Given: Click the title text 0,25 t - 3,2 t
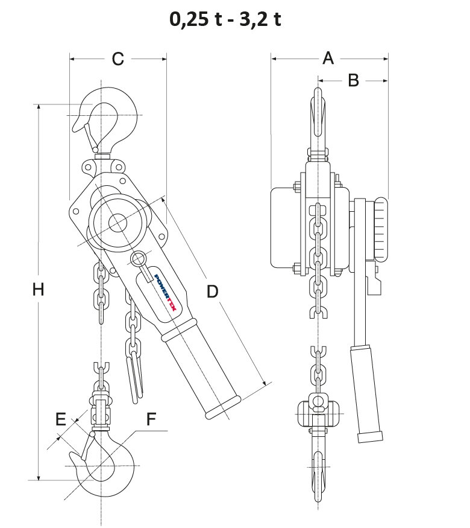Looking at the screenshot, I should (225, 19).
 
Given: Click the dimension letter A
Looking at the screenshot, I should (328, 58).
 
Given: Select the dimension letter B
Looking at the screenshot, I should (353, 80).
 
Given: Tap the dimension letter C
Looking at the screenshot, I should (118, 59).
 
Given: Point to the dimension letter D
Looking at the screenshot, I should (212, 291).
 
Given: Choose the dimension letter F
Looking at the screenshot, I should (151, 418).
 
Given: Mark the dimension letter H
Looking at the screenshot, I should (39, 290).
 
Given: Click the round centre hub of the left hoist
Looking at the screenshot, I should (117, 223).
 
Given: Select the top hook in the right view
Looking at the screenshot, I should (319, 118).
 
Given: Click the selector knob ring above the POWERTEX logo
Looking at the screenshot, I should (138, 259).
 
